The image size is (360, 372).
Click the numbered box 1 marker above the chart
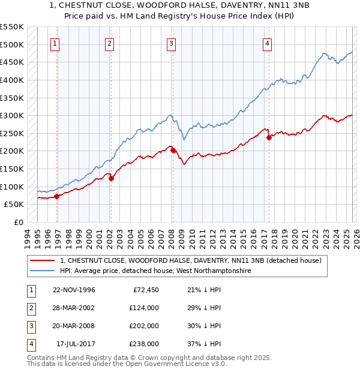(55, 43)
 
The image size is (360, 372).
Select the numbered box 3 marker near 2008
(171, 43)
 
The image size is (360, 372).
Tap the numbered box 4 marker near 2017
(266, 43)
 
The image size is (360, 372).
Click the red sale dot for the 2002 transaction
(111, 178)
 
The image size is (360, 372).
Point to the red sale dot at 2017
(269, 137)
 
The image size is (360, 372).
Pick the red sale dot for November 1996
(57, 196)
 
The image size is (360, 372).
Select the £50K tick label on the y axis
(14, 205)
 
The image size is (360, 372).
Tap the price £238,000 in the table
(144, 344)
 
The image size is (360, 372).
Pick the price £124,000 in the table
(144, 308)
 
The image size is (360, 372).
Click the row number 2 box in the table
(30, 308)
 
